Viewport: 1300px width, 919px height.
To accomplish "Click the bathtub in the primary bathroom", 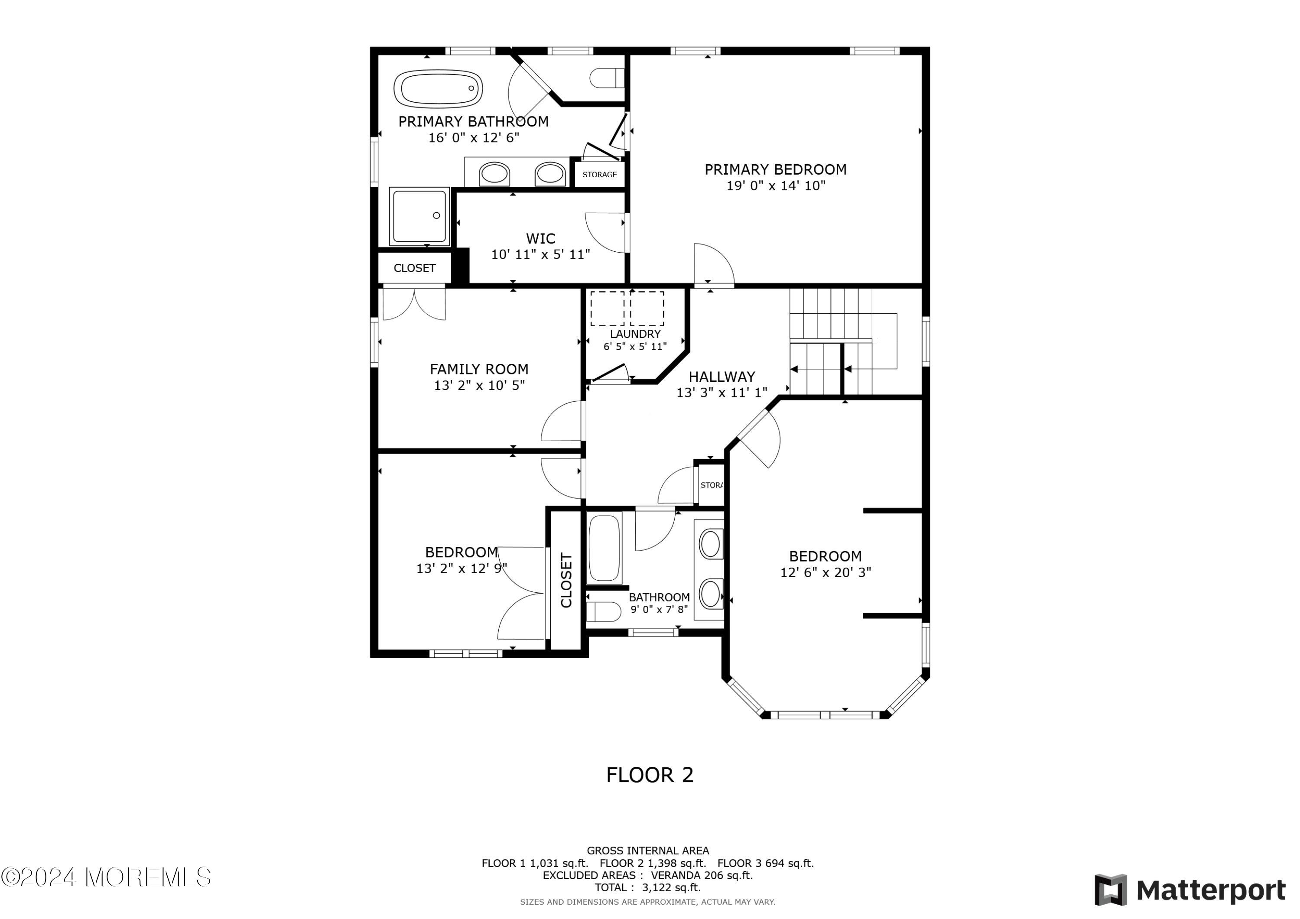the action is pos(438,88).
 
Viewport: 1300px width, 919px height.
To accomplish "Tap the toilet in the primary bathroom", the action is pos(607,78).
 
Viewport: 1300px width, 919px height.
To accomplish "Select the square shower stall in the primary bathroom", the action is pos(419,216).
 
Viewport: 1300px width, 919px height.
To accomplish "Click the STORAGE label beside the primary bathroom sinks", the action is pos(600,175).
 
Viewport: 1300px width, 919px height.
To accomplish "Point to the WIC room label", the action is pos(541,238).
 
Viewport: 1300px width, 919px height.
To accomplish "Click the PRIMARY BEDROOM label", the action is pos(775,169).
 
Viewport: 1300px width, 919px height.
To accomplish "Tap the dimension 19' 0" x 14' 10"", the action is pos(776,186).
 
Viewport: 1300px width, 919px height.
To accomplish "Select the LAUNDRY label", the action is pos(635,334).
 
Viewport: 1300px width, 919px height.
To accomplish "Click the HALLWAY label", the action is pos(722,377).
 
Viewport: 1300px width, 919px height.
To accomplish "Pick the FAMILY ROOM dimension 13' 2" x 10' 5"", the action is pos(480,386).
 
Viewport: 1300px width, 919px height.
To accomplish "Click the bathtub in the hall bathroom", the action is pos(604,548).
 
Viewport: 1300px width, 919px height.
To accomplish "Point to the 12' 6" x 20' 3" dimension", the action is pos(825,572).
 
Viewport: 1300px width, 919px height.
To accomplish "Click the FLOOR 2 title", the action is pos(650,775).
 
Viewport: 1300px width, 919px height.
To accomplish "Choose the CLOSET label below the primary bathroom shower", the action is pos(414,268).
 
